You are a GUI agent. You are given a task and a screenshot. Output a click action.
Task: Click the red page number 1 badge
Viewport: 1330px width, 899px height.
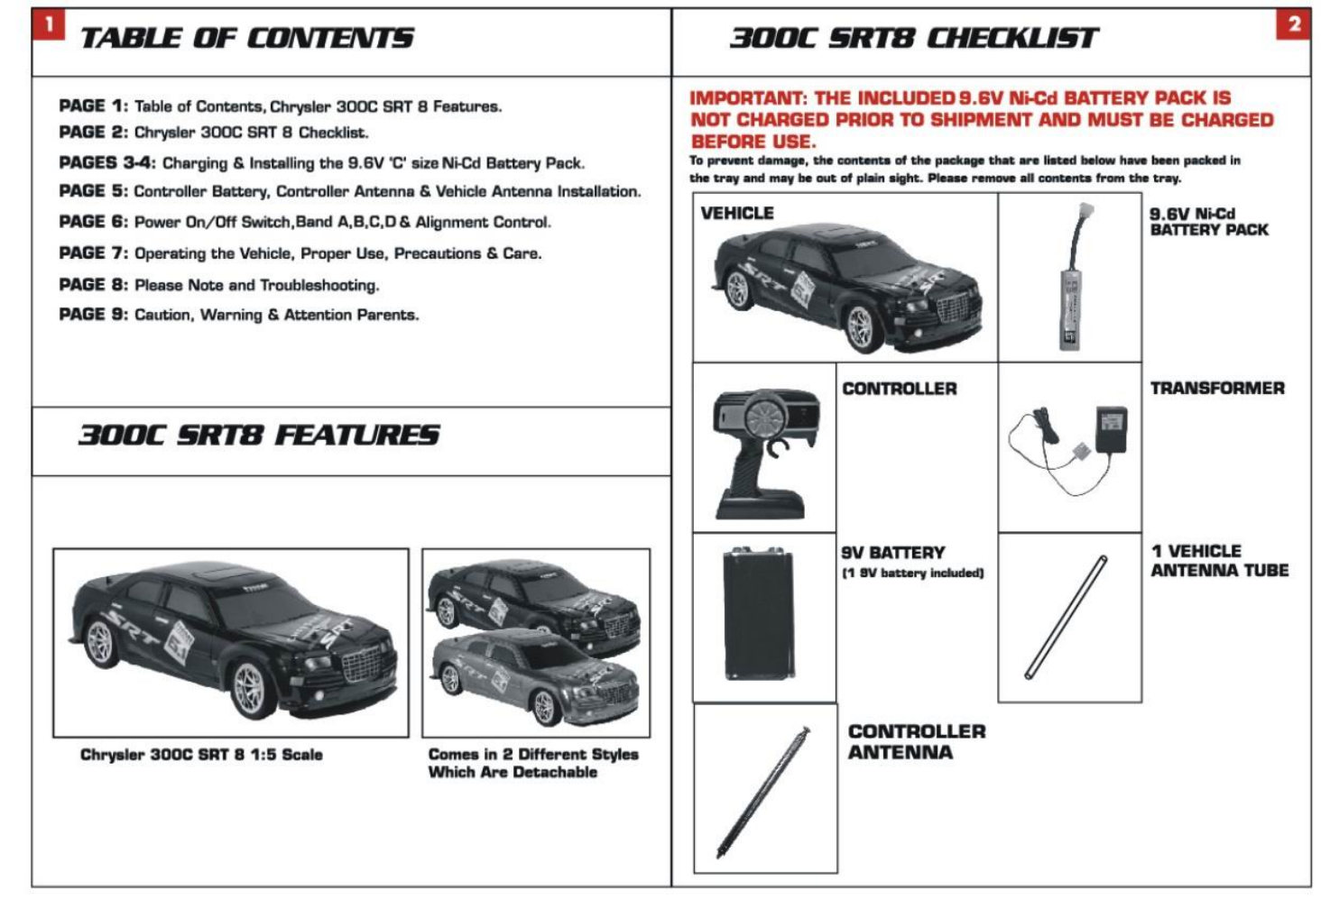tap(49, 24)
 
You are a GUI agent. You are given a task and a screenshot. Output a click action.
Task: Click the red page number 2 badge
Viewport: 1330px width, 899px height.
tap(1294, 24)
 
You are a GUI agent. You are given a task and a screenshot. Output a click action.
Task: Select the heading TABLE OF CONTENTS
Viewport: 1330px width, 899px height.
tap(246, 38)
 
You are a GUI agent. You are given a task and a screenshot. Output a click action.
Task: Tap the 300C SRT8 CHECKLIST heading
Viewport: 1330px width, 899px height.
tap(913, 38)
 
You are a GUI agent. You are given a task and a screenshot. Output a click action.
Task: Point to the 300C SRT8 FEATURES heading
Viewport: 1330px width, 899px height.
tap(259, 436)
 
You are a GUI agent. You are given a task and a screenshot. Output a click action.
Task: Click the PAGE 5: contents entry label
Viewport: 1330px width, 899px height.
tap(94, 191)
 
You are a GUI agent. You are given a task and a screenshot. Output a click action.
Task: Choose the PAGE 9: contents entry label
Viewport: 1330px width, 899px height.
tap(94, 315)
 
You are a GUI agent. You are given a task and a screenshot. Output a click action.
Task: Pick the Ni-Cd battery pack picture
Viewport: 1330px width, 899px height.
tap(1071, 280)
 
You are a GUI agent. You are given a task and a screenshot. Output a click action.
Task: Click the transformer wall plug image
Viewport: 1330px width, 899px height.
tap(1111, 430)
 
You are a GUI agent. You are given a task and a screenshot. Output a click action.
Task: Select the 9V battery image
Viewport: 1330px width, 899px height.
tap(758, 613)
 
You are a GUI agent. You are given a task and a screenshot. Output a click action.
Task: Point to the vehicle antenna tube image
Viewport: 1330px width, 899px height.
tap(1067, 618)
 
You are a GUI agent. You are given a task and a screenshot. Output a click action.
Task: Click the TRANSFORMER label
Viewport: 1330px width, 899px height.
tap(1216, 389)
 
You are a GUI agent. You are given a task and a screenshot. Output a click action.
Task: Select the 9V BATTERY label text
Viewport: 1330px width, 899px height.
tap(893, 553)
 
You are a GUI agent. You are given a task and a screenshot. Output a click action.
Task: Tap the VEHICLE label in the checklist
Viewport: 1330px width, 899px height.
tap(737, 214)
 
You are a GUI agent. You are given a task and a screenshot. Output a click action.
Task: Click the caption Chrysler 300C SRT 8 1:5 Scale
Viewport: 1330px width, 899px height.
tap(201, 755)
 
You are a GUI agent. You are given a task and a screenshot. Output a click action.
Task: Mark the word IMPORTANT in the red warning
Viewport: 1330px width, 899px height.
tap(747, 98)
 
